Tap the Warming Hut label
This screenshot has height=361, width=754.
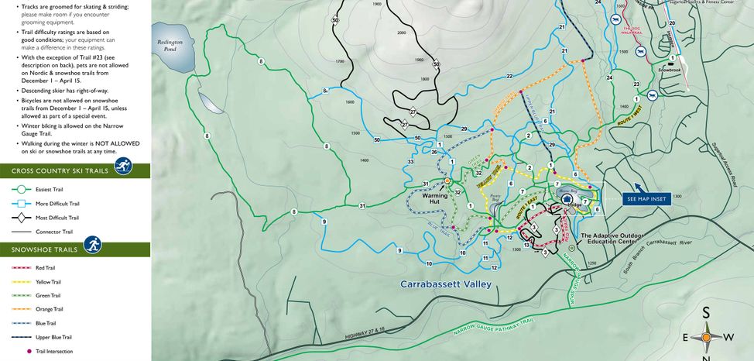pos(435,200)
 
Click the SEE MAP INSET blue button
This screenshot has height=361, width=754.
pos(647,199)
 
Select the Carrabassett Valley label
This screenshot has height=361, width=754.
pos(446,284)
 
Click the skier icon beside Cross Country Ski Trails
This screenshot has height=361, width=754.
pos(122,166)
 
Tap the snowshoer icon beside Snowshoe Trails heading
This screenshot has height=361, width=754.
pos(93,246)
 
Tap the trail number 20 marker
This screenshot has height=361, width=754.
pos(672,24)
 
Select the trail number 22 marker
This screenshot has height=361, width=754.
pos(509,76)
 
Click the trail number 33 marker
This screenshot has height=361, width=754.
pos(410,161)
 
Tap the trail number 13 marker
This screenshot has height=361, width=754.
pos(526,245)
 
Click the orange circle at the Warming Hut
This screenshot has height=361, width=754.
pos(447,181)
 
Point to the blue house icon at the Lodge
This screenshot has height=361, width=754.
pos(567,198)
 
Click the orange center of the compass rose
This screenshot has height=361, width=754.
pos(706,337)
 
